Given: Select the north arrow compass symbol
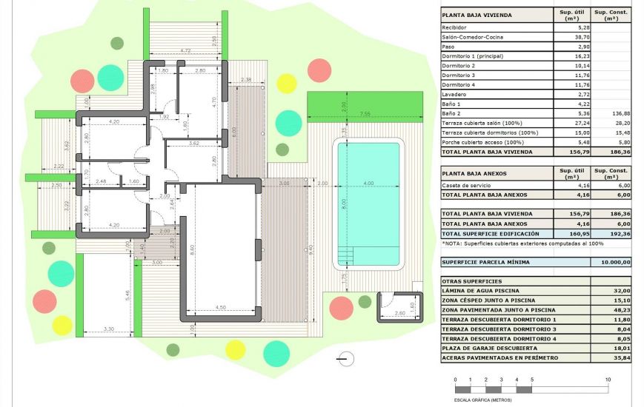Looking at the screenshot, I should coord(345,360).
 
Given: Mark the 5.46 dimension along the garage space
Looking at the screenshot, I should coord(127,295).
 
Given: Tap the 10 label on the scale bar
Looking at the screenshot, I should coord(608,380).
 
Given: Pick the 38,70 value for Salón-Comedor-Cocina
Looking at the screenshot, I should coord(572,37).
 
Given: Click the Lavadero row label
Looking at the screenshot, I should coord(454,95).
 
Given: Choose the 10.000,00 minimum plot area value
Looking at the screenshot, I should coord(611,262).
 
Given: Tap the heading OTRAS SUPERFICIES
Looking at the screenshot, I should coord(473,281).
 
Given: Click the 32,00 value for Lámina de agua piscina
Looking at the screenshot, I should coord(611,291).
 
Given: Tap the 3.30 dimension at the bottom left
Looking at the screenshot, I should coord(108,329).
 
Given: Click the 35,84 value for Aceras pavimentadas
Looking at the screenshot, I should coord(611,358).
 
